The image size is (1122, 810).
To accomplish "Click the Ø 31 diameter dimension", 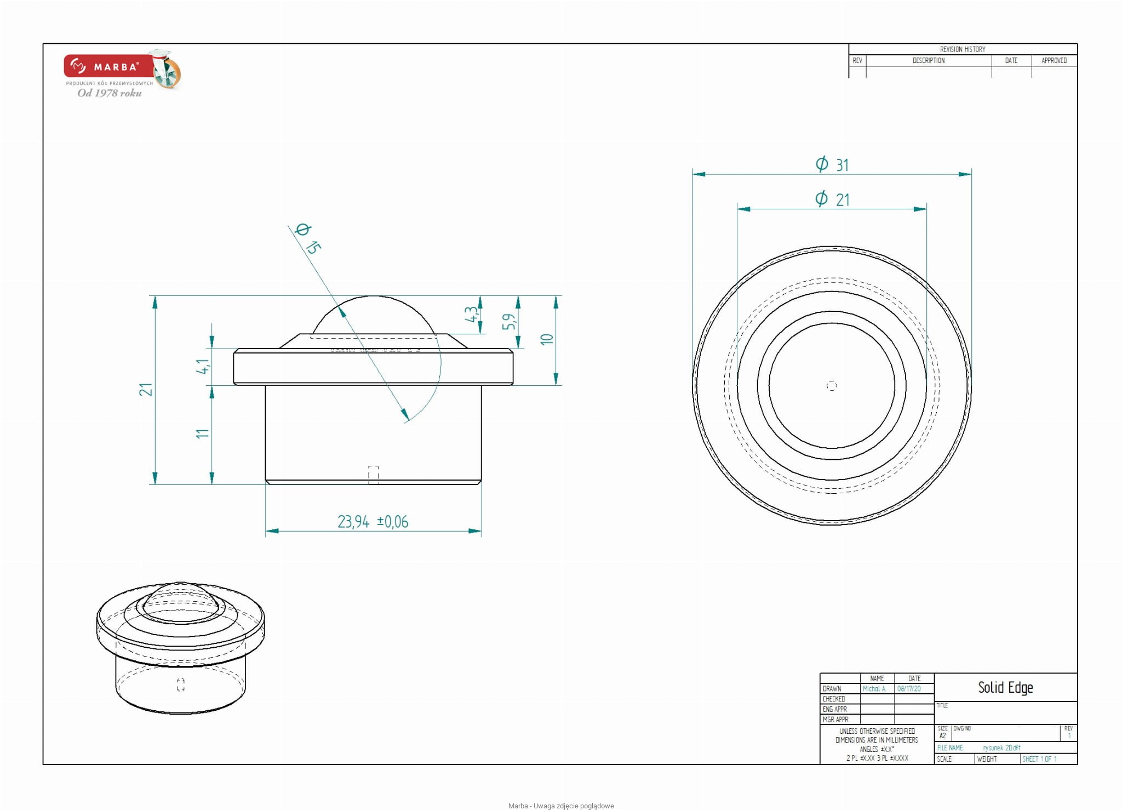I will coord(832,164).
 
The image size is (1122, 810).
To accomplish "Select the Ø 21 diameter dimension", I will coord(832,199).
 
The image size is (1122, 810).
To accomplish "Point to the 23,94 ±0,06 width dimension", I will coord(373,521).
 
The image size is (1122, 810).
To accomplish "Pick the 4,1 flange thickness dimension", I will coord(203,367).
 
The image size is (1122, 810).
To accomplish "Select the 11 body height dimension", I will coord(203,433).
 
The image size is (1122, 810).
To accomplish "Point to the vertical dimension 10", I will coord(547,339).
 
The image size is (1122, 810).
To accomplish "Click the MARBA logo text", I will coord(116,67).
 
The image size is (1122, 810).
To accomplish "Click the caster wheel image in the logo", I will coord(167,70).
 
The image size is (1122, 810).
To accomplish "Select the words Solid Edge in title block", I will coord(1005,687).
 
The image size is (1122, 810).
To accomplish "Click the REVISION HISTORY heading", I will coord(963,49).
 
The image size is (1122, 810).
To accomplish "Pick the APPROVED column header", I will coord(1054,61).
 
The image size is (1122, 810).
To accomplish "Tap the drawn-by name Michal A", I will coord(874,689).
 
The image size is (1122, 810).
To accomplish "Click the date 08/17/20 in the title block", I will coord(909,689).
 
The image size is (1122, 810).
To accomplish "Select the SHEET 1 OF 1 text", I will coord(1039,759).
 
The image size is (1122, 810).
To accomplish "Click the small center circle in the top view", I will coord(832,386).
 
